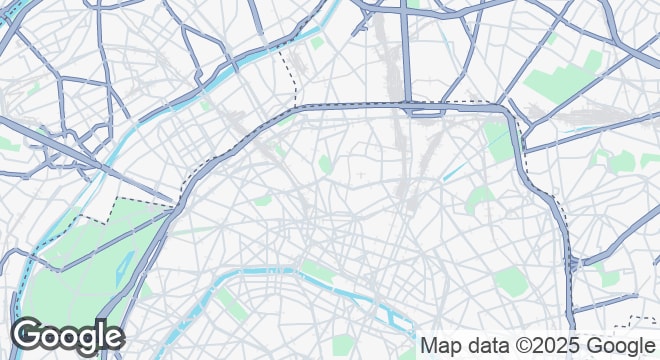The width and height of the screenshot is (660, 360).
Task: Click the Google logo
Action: (67, 337)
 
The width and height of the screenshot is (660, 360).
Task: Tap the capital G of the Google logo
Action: (28, 336)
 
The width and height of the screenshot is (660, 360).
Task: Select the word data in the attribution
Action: (489, 345)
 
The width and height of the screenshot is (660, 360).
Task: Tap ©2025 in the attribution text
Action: (549, 345)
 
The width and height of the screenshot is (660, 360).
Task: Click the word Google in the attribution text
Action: (621, 345)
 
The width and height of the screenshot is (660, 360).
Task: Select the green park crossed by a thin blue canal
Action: (497, 140)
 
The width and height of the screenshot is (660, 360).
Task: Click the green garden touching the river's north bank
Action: (318, 269)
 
